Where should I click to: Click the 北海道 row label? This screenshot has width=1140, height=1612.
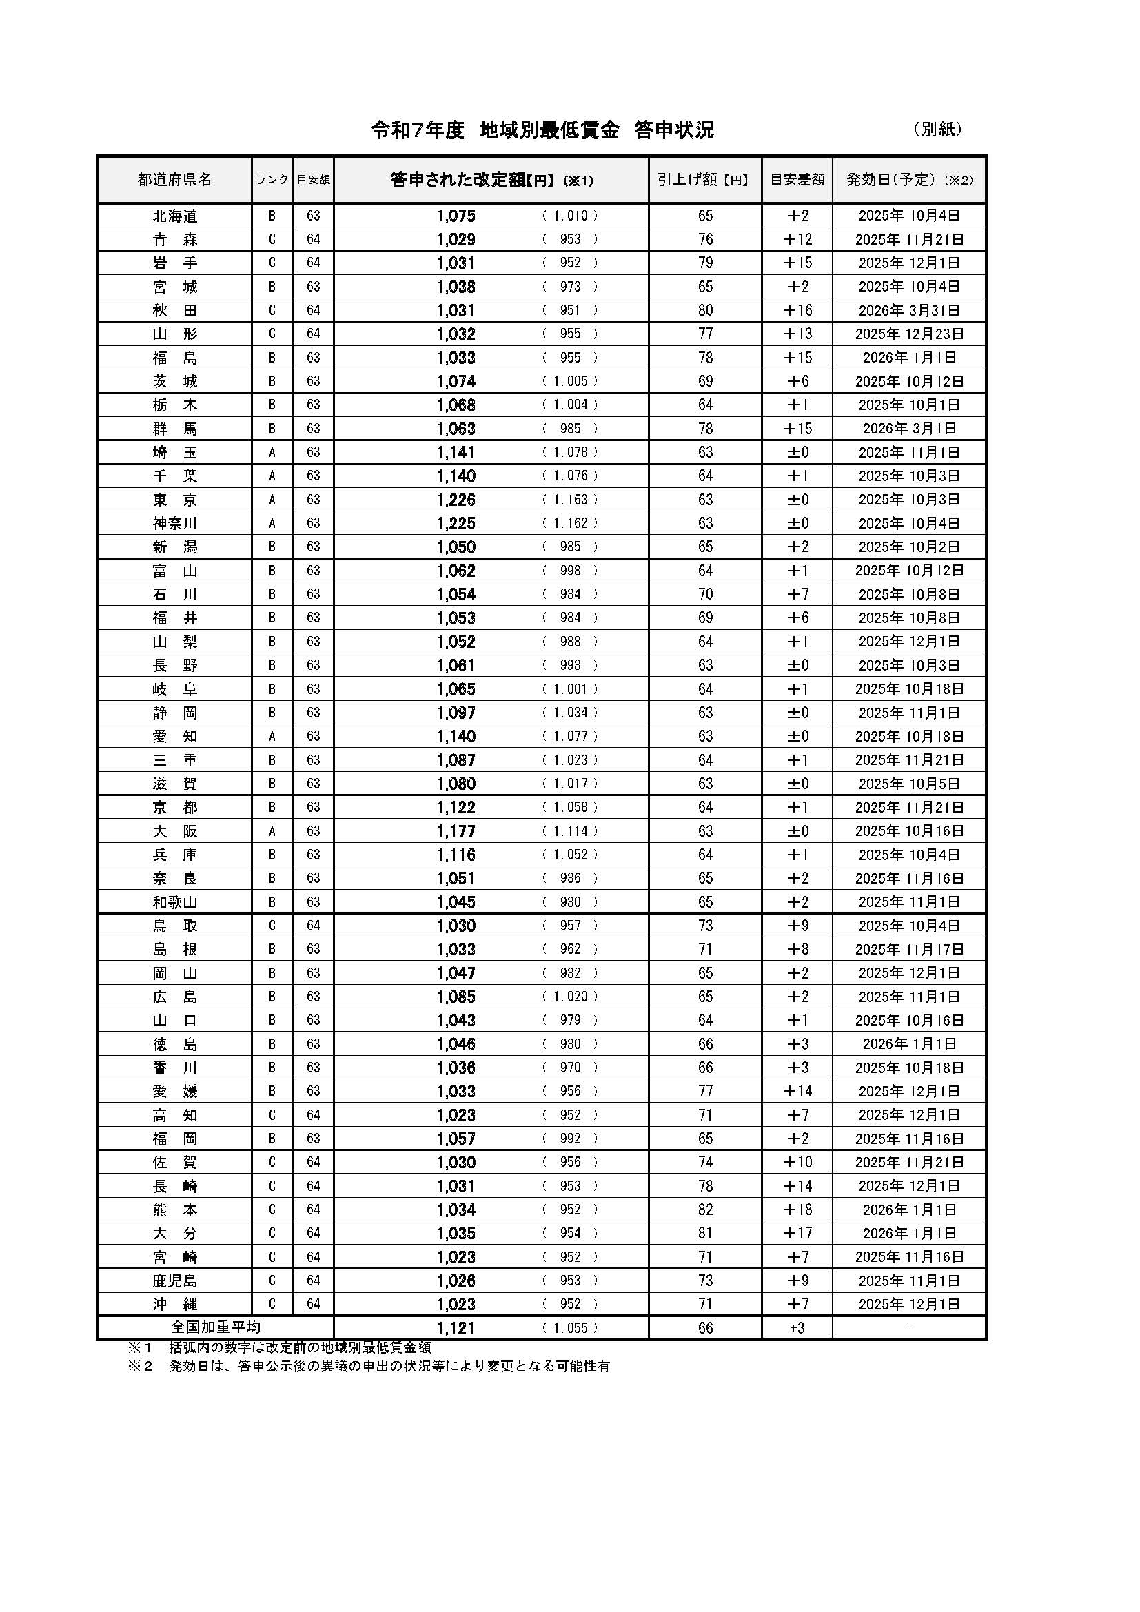(175, 216)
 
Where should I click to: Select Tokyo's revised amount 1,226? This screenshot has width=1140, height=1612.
(456, 500)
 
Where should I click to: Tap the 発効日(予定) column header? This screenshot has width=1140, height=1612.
(909, 180)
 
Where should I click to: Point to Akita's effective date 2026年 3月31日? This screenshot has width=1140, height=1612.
(909, 310)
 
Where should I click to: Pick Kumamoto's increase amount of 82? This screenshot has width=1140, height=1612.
(705, 1210)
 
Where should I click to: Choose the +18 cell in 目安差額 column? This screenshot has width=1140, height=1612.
(797, 1210)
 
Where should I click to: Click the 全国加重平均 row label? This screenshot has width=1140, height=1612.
(216, 1327)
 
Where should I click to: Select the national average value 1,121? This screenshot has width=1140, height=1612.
(456, 1327)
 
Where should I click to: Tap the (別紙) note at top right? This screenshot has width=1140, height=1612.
(938, 129)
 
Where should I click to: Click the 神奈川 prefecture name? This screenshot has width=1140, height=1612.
(175, 524)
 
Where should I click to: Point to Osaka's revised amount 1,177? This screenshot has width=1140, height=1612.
(456, 831)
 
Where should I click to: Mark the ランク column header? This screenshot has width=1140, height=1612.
(272, 180)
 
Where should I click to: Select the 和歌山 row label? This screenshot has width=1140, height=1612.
(175, 902)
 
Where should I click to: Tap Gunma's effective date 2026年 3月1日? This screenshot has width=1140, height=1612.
(909, 428)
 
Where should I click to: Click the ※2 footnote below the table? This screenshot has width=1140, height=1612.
(369, 1366)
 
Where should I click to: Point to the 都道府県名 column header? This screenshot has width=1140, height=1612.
(174, 180)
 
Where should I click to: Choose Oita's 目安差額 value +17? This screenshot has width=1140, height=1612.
(797, 1233)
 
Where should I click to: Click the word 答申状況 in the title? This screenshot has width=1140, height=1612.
(673, 130)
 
